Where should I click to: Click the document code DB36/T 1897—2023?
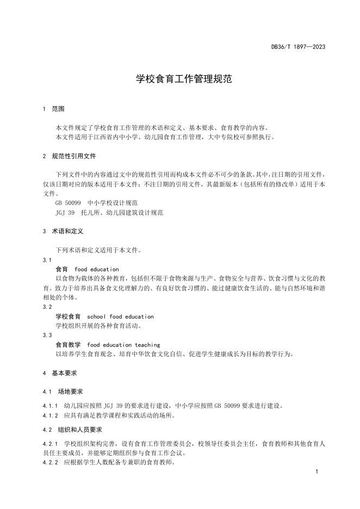click(x=298, y=47)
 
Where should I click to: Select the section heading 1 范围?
click(x=53, y=109)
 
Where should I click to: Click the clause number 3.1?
click(x=46, y=260)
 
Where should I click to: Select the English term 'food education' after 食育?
click(x=97, y=269)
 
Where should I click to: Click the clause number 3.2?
click(x=46, y=307)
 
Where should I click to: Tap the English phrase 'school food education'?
click(x=120, y=316)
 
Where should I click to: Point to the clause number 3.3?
click(x=46, y=335)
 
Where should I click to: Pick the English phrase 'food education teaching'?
click(x=123, y=345)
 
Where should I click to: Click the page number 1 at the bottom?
click(x=316, y=473)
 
